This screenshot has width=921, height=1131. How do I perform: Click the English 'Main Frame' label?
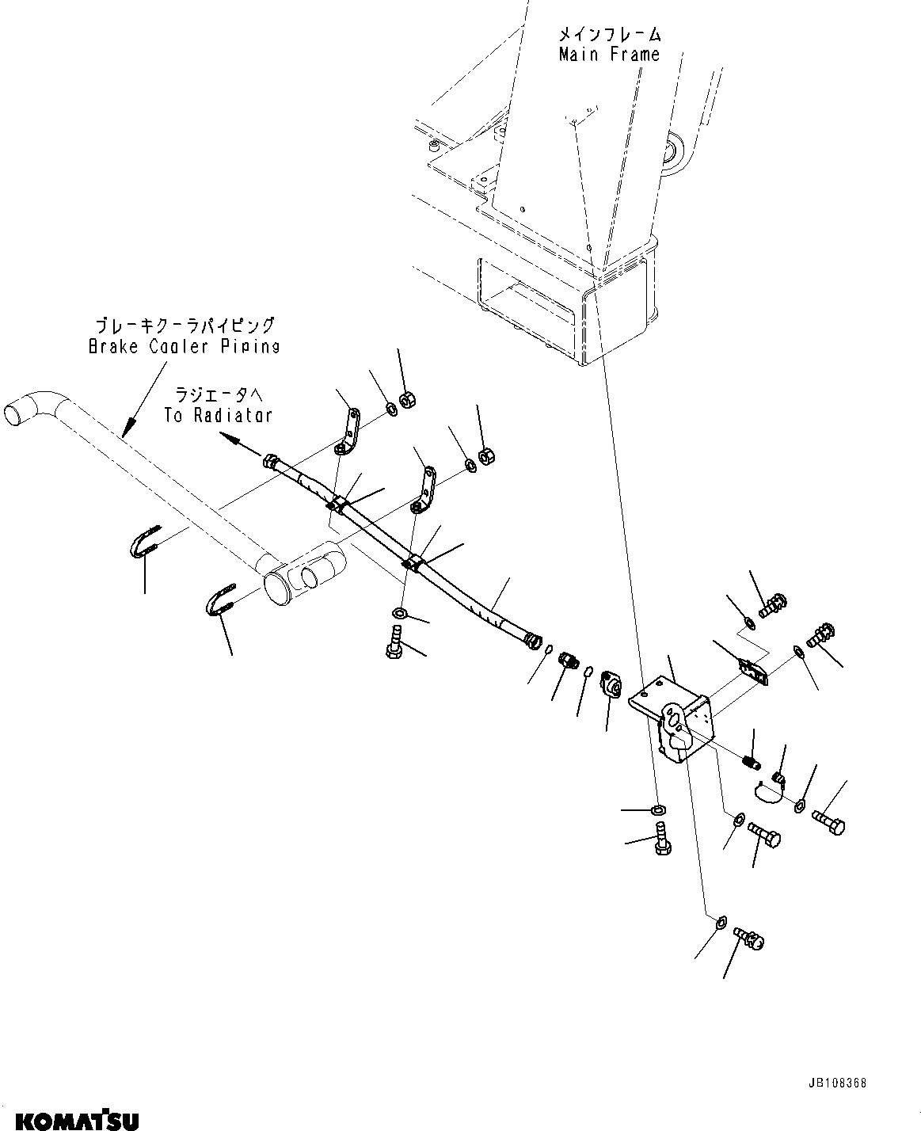tap(608, 55)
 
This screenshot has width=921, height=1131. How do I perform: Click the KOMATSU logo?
tap(70, 1120)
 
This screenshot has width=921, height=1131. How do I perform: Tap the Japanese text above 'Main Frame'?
tap(608, 35)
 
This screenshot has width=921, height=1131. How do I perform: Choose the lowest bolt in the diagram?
tap(749, 938)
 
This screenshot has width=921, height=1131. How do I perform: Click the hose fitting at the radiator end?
tap(270, 461)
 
